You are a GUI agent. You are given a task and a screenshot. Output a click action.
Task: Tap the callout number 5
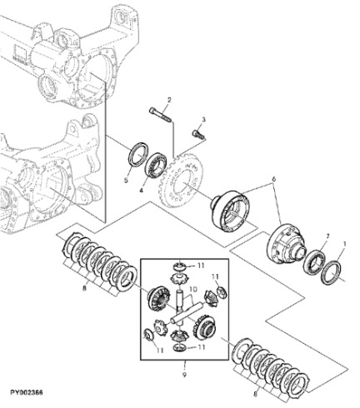(127, 178)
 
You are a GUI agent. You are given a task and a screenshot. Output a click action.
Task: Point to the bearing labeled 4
(154, 162)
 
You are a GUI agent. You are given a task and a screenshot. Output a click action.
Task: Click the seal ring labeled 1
(332, 273)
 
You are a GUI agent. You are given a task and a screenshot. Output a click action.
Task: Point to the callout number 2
(168, 101)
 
